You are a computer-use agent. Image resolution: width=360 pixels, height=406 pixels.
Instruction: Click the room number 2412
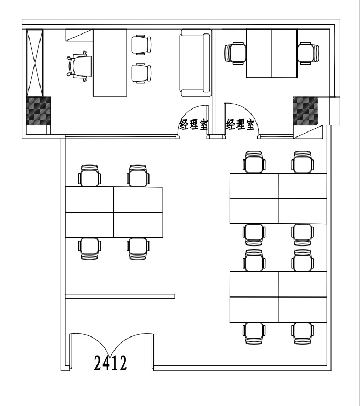pos(110,363)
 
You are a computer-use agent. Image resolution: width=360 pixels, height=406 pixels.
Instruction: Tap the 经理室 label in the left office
pos(194,124)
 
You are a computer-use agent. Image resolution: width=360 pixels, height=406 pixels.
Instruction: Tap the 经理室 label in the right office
pos(241,124)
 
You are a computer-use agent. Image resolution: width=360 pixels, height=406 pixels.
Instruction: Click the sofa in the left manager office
pos(195,62)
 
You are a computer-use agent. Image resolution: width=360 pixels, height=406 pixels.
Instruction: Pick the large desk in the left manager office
pos(110,62)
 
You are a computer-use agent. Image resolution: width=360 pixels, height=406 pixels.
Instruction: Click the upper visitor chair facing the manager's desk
pos(141,45)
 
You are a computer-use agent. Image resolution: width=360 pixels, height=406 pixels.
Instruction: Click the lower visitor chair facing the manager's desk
pos(141,73)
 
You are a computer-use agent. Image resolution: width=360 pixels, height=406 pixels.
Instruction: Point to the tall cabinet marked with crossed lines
pos(35,63)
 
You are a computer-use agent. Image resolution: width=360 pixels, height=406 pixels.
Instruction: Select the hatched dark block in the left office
pos(38,111)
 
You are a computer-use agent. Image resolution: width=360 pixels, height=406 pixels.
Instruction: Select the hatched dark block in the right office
pos(305,110)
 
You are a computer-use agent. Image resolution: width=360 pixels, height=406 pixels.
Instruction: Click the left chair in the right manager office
pos(235,53)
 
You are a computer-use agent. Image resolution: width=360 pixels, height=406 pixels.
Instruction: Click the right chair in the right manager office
pos(308,53)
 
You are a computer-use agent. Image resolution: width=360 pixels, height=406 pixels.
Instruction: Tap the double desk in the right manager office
pos(272,53)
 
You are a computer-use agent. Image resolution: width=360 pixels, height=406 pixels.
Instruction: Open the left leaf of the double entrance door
pos(90,350)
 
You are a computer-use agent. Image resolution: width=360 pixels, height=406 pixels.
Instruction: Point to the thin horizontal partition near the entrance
pos(120,296)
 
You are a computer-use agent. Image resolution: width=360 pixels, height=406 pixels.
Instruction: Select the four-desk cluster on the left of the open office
pos(113,213)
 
